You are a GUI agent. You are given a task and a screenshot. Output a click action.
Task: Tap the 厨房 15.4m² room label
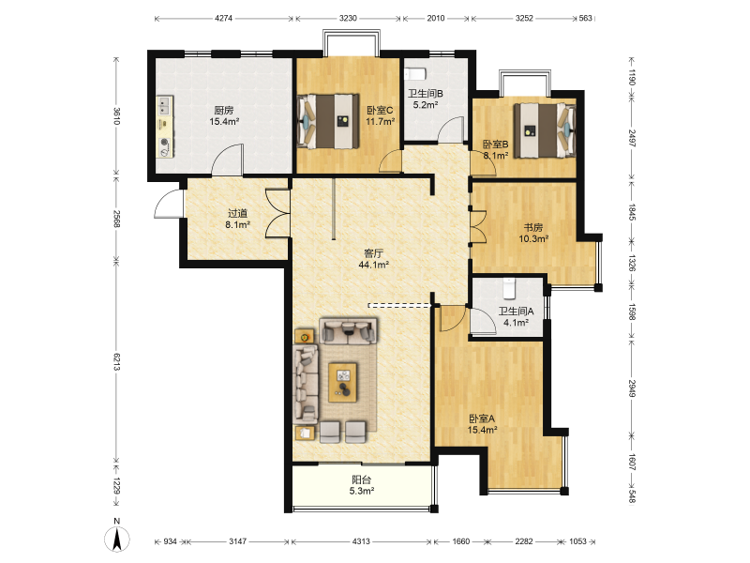[224, 115]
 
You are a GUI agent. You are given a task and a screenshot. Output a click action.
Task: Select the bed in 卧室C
[328, 121]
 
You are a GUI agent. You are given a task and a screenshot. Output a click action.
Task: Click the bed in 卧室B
[545, 130]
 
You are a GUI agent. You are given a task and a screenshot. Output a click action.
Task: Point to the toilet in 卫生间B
[415, 74]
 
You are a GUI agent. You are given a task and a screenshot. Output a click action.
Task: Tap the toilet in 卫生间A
[508, 289]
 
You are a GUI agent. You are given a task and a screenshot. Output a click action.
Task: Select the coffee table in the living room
[342, 383]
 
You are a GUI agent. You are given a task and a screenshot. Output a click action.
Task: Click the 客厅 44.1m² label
[373, 259]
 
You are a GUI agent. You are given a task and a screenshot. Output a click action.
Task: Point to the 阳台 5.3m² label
[362, 485]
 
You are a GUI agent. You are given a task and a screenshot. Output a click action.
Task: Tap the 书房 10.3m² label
[533, 233]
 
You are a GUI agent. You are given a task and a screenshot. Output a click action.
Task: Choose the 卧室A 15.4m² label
[482, 424]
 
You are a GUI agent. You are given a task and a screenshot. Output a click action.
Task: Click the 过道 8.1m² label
[238, 219]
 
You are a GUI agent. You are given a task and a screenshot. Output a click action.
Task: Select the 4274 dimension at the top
[223, 18]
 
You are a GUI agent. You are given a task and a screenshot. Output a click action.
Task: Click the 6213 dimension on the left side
[116, 360]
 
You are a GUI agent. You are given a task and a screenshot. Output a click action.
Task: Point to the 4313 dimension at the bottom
[361, 541]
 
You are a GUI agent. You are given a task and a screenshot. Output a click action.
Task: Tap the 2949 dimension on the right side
[632, 388]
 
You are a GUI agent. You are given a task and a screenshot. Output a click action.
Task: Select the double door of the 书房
[478, 225]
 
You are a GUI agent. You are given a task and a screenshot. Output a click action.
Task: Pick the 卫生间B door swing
[452, 129]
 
